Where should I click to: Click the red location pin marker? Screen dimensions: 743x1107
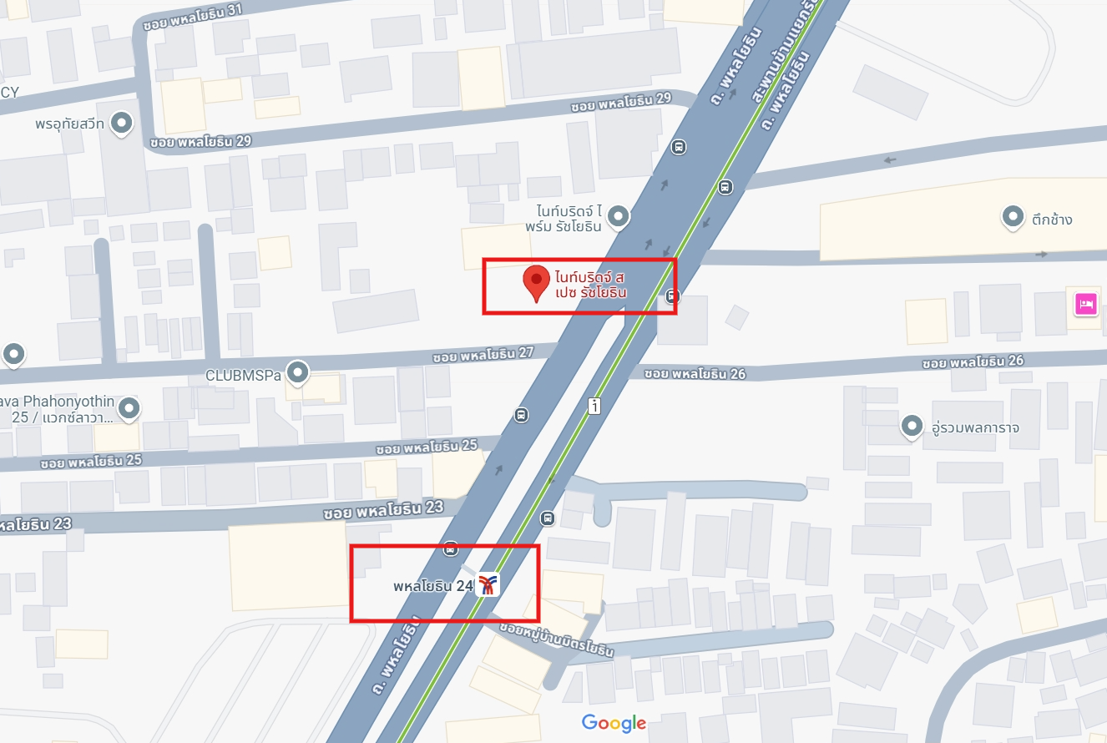536,282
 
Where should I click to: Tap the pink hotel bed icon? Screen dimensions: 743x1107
1085,305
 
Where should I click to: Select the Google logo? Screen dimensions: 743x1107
614,723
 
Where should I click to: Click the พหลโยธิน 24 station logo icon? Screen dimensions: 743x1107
488,585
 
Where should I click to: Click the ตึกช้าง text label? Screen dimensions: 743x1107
1052,220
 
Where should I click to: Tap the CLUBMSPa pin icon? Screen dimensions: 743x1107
297,372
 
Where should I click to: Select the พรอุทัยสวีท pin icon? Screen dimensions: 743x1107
123,124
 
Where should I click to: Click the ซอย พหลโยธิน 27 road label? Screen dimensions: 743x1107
483,354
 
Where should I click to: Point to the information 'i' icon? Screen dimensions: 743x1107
594,406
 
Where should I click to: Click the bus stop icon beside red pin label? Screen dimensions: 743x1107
672,296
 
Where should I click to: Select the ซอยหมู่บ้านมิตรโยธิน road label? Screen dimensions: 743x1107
557,639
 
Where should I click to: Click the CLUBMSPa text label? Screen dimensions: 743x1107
244,376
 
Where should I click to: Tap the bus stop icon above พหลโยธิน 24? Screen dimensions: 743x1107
451,548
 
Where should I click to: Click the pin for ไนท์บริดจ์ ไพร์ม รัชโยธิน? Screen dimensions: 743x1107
618,217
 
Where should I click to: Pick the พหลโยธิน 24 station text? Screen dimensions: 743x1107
433,586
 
